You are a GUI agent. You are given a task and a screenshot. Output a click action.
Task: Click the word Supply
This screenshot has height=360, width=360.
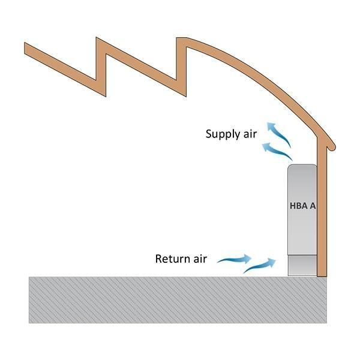tap(221, 133)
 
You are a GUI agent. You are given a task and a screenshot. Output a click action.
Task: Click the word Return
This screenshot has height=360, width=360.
tap(172, 259)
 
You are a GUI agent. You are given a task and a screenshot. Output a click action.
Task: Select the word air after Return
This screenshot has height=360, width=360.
tap(199, 259)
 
